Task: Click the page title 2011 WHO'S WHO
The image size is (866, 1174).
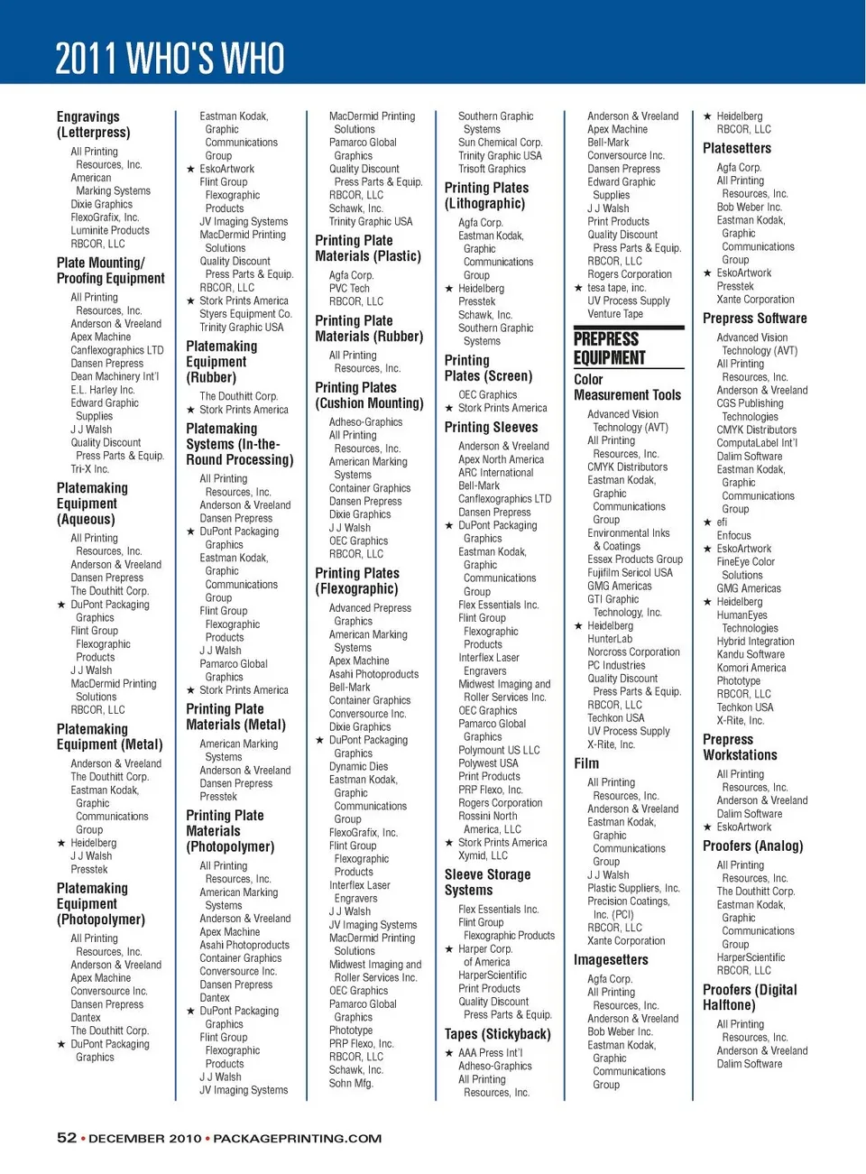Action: pos(170,59)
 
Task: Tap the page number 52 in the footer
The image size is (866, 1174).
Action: pos(67,1138)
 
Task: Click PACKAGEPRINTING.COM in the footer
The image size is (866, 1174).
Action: pos(297,1139)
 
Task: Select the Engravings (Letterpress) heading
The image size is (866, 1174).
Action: pos(93,125)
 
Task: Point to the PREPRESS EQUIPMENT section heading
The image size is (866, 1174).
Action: pos(610,348)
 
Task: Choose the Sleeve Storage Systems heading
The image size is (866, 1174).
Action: pos(487,882)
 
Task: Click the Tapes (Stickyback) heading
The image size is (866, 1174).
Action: pos(497,1034)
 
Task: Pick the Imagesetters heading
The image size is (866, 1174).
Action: pos(611,959)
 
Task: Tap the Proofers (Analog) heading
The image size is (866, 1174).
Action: pos(752,846)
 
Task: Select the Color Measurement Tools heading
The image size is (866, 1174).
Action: pos(627,387)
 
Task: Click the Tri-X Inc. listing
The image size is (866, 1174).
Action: pos(89,469)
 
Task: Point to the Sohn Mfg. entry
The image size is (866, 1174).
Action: pos(351,1083)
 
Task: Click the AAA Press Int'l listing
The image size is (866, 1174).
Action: pos(490,1053)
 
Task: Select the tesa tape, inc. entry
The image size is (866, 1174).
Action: pos(616,288)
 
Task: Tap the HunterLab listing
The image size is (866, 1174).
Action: pos(610,639)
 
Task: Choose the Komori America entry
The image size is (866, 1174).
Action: pos(751,668)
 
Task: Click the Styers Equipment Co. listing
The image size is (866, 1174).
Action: pos(245,314)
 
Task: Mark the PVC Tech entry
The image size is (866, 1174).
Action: pos(349,289)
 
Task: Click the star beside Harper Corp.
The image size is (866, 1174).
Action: pos(449,949)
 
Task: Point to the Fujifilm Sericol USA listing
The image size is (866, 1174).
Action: pos(630,572)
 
